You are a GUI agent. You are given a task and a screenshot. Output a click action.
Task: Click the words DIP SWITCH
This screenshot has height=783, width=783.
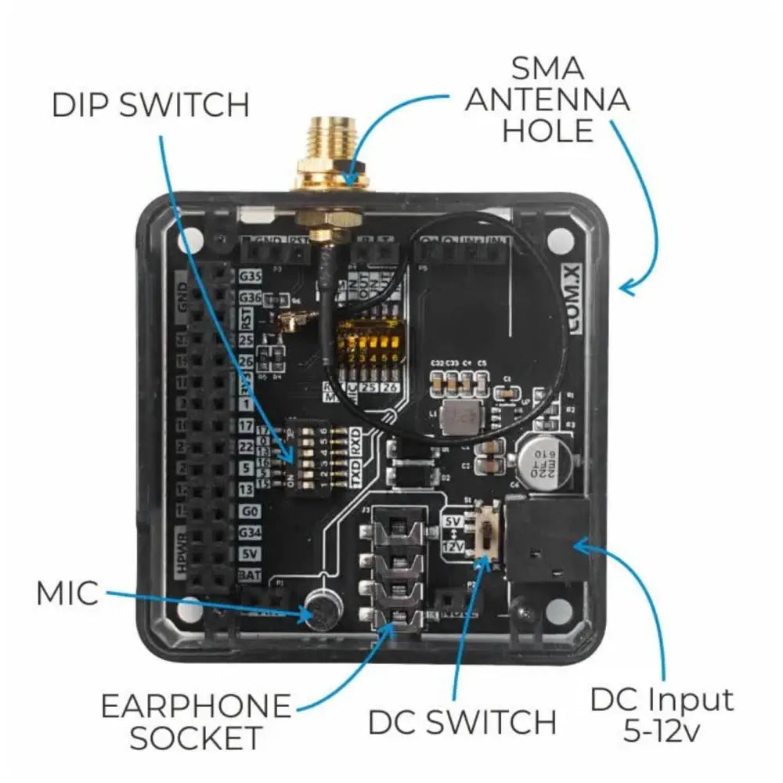[x=150, y=105]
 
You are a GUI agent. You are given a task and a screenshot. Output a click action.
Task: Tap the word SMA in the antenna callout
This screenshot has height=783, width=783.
[x=547, y=69]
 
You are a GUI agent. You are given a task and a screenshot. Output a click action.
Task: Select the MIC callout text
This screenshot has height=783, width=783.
[x=67, y=594]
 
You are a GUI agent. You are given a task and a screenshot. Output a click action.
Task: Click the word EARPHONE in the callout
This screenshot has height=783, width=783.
[x=196, y=707]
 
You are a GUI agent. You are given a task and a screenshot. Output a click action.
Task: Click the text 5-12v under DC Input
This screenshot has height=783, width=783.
[x=662, y=732]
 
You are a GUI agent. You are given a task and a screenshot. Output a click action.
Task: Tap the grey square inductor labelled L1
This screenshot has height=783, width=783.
[x=456, y=420]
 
